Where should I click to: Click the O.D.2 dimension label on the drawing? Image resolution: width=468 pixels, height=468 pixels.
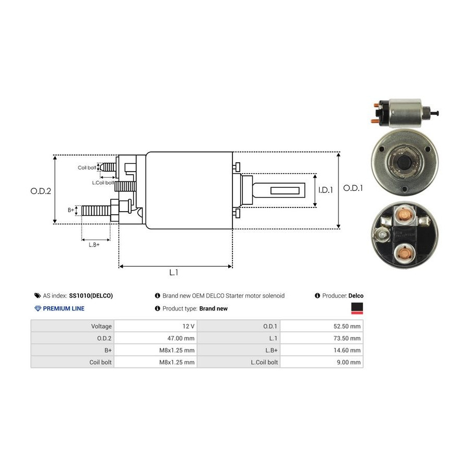pos(41,191)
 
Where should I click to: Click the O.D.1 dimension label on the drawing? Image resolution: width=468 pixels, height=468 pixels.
pos(353,188)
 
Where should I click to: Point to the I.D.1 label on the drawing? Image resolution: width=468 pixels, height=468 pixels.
pos(326,190)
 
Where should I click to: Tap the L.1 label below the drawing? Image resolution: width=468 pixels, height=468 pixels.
pos(174,272)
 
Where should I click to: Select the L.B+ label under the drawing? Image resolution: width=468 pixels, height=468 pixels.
pos(94,244)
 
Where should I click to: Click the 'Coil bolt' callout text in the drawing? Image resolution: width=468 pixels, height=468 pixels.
pos(87,167)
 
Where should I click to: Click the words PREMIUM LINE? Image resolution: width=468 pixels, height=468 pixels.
pos(63,308)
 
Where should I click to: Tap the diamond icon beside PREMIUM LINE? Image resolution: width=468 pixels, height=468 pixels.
pos(37,308)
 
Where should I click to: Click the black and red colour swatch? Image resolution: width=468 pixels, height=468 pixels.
pos(357,309)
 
